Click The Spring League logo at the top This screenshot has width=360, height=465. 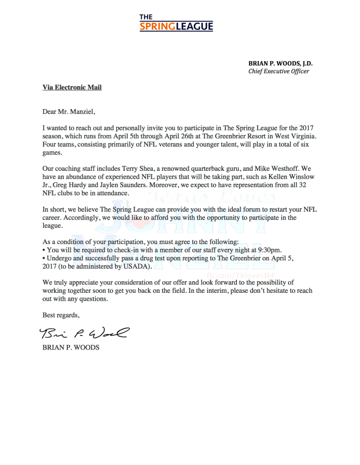[176, 22]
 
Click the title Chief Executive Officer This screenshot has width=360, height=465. [278, 71]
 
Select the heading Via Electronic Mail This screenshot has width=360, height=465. [72, 87]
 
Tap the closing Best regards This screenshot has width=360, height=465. [61, 315]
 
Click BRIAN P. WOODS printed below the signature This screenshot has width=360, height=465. [71, 347]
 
